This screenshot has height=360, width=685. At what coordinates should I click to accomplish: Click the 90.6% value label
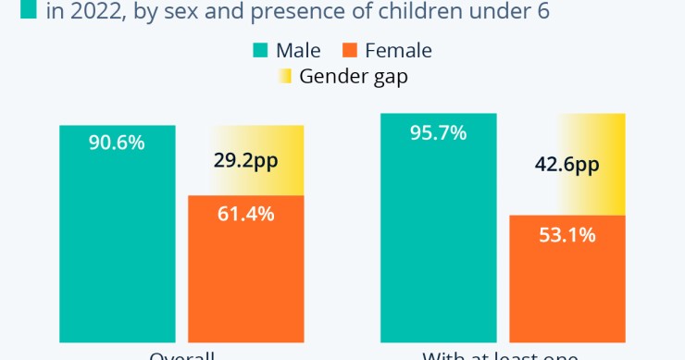pyautogui.click(x=117, y=143)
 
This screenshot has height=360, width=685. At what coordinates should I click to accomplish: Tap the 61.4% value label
pyautogui.click(x=245, y=214)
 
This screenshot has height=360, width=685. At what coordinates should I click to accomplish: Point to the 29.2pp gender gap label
pyautogui.click(x=245, y=160)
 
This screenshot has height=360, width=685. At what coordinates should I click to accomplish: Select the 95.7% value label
pyautogui.click(x=438, y=132)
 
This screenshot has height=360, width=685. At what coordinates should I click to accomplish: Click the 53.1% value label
pyautogui.click(x=567, y=234)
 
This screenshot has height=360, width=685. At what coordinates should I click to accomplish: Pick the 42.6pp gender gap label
pyautogui.click(x=567, y=165)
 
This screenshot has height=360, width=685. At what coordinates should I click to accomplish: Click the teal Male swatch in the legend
pyautogui.click(x=260, y=50)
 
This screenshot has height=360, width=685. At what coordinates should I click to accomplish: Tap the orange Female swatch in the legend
pyautogui.click(x=351, y=50)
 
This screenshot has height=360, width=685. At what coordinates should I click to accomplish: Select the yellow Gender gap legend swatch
pyautogui.click(x=284, y=76)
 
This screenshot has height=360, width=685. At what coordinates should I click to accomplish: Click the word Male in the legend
pyautogui.click(x=298, y=50)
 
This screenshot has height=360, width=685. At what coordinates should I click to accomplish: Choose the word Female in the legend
pyautogui.click(x=398, y=50)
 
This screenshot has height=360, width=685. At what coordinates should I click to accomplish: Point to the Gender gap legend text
pyautogui.click(x=354, y=76)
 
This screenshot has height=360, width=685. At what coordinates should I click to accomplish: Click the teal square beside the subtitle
pyautogui.click(x=28, y=11)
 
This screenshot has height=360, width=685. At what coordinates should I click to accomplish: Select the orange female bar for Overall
pyautogui.click(x=245, y=268)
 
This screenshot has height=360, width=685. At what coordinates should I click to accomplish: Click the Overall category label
pyautogui.click(x=181, y=355)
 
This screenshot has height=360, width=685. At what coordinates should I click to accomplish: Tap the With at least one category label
pyautogui.click(x=500, y=355)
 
